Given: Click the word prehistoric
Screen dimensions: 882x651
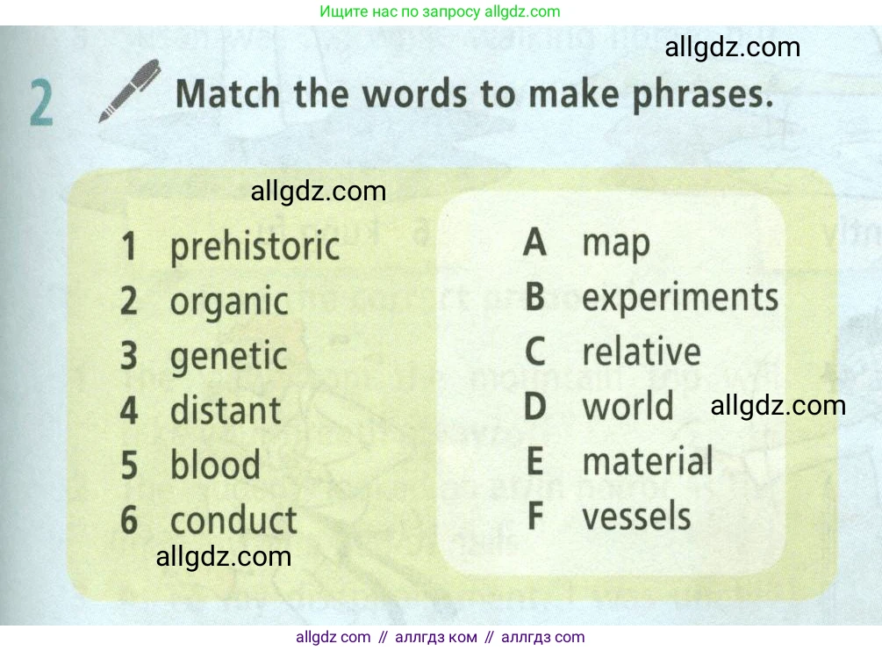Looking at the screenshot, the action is [255, 247].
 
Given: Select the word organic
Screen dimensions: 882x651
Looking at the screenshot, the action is [229, 302].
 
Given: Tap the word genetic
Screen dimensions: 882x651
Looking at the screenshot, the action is [228, 357].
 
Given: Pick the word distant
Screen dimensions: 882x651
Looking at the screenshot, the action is [226, 410].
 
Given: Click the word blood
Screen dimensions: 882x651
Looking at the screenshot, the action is [215, 464].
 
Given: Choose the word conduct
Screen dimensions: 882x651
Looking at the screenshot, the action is [233, 519].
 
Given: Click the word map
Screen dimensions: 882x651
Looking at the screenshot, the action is [616, 245].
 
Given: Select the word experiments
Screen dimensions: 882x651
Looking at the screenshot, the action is [680, 298].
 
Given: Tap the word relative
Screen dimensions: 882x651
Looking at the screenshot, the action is [642, 351].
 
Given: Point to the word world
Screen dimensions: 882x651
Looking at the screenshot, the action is [627, 406].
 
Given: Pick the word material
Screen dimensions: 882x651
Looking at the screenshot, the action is [648, 460].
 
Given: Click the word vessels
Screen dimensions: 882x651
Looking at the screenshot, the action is [636, 516].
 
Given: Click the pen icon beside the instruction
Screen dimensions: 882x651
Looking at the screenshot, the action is [130, 90].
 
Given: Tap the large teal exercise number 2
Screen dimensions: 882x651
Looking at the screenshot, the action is [41, 103].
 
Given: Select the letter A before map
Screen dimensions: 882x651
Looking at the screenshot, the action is [535, 242].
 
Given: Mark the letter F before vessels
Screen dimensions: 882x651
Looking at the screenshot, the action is [535, 516].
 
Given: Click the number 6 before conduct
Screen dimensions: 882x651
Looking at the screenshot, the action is [129, 519].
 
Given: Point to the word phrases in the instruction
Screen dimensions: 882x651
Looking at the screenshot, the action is [703, 94].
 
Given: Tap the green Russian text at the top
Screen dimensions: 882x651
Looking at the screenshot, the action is [440, 11].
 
